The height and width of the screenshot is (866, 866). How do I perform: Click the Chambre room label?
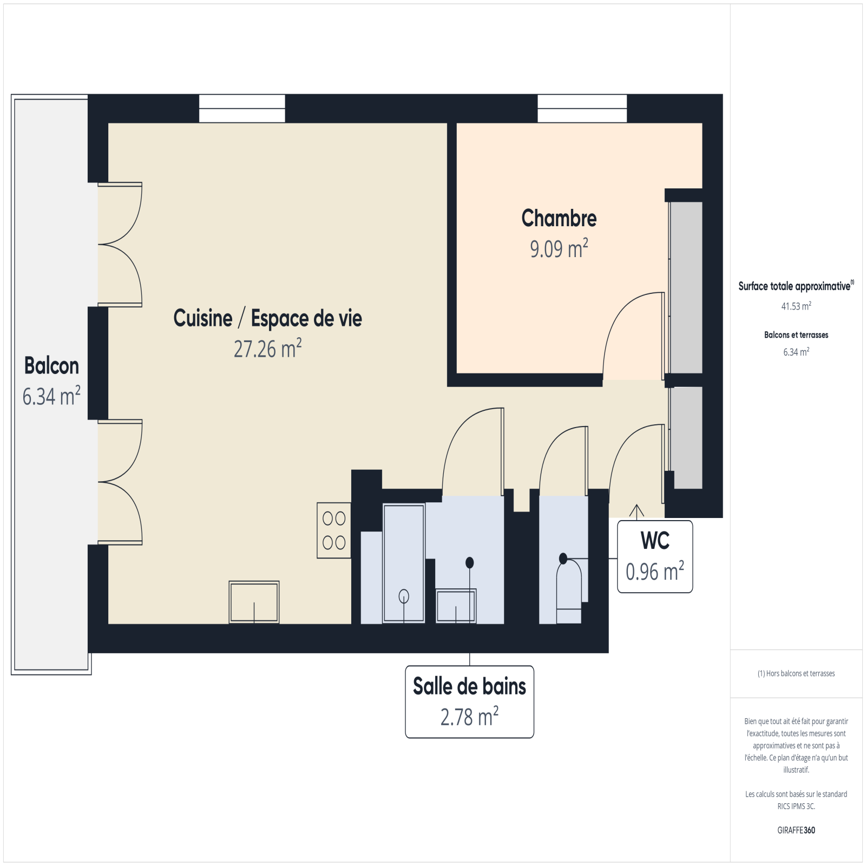coord(559,219)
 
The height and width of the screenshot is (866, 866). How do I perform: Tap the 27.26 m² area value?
coord(267,349)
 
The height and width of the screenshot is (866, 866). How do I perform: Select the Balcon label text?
coord(51,366)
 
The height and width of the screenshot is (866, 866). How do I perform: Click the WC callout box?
coord(655,556)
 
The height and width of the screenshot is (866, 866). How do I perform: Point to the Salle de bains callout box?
coord(469,701)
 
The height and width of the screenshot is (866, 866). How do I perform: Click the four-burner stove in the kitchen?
coord(334,530)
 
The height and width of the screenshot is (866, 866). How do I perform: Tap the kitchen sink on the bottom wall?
coord(254,602)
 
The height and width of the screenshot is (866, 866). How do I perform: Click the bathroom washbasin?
coord(456,606)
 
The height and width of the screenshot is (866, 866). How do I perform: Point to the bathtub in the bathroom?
coord(404,563)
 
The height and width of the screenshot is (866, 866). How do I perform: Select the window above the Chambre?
coord(582,108)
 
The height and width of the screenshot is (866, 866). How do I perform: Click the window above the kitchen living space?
coord(242,108)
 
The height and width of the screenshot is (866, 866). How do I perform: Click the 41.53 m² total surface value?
coord(796,306)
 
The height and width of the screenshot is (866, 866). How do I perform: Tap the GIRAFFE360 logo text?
coord(796,830)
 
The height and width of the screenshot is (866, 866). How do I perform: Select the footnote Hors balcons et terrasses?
coord(796,673)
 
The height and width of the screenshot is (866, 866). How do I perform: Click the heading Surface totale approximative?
coord(795,286)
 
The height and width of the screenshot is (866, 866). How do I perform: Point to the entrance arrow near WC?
coord(637,511)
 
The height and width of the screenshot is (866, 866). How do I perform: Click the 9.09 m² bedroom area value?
coord(559,248)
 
